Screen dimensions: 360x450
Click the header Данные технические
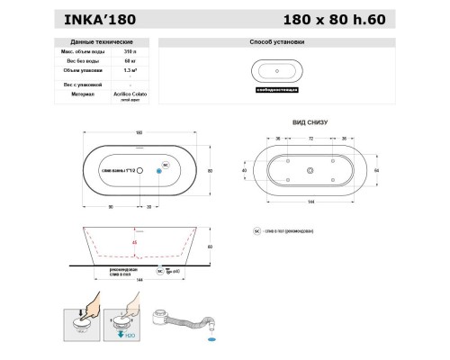pos(97,42)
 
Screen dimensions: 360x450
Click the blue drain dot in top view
pos(159,169)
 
